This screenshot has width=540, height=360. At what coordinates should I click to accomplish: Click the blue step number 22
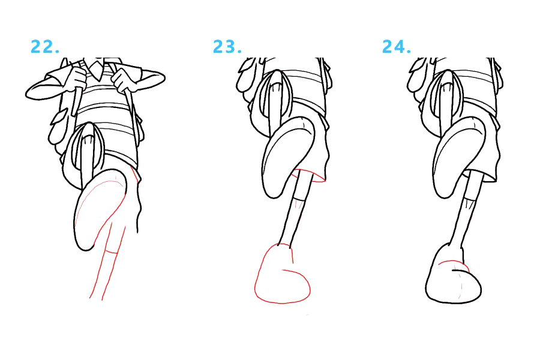(45, 47)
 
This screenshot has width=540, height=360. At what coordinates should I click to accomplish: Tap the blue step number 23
(227, 47)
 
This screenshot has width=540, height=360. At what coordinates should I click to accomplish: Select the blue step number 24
(397, 47)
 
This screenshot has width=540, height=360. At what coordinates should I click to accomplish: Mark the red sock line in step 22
(111, 252)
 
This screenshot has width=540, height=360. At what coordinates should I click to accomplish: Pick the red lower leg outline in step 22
(107, 262)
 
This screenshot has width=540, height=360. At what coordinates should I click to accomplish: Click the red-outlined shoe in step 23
(283, 274)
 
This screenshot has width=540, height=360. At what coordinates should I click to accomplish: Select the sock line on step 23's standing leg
(299, 199)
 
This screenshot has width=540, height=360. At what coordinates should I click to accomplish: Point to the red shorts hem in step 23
(308, 176)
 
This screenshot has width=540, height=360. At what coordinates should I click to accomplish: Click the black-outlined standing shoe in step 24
(453, 274)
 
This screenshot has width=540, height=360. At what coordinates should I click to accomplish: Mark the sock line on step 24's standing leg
(470, 199)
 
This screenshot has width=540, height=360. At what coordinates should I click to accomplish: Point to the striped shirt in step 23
(303, 86)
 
